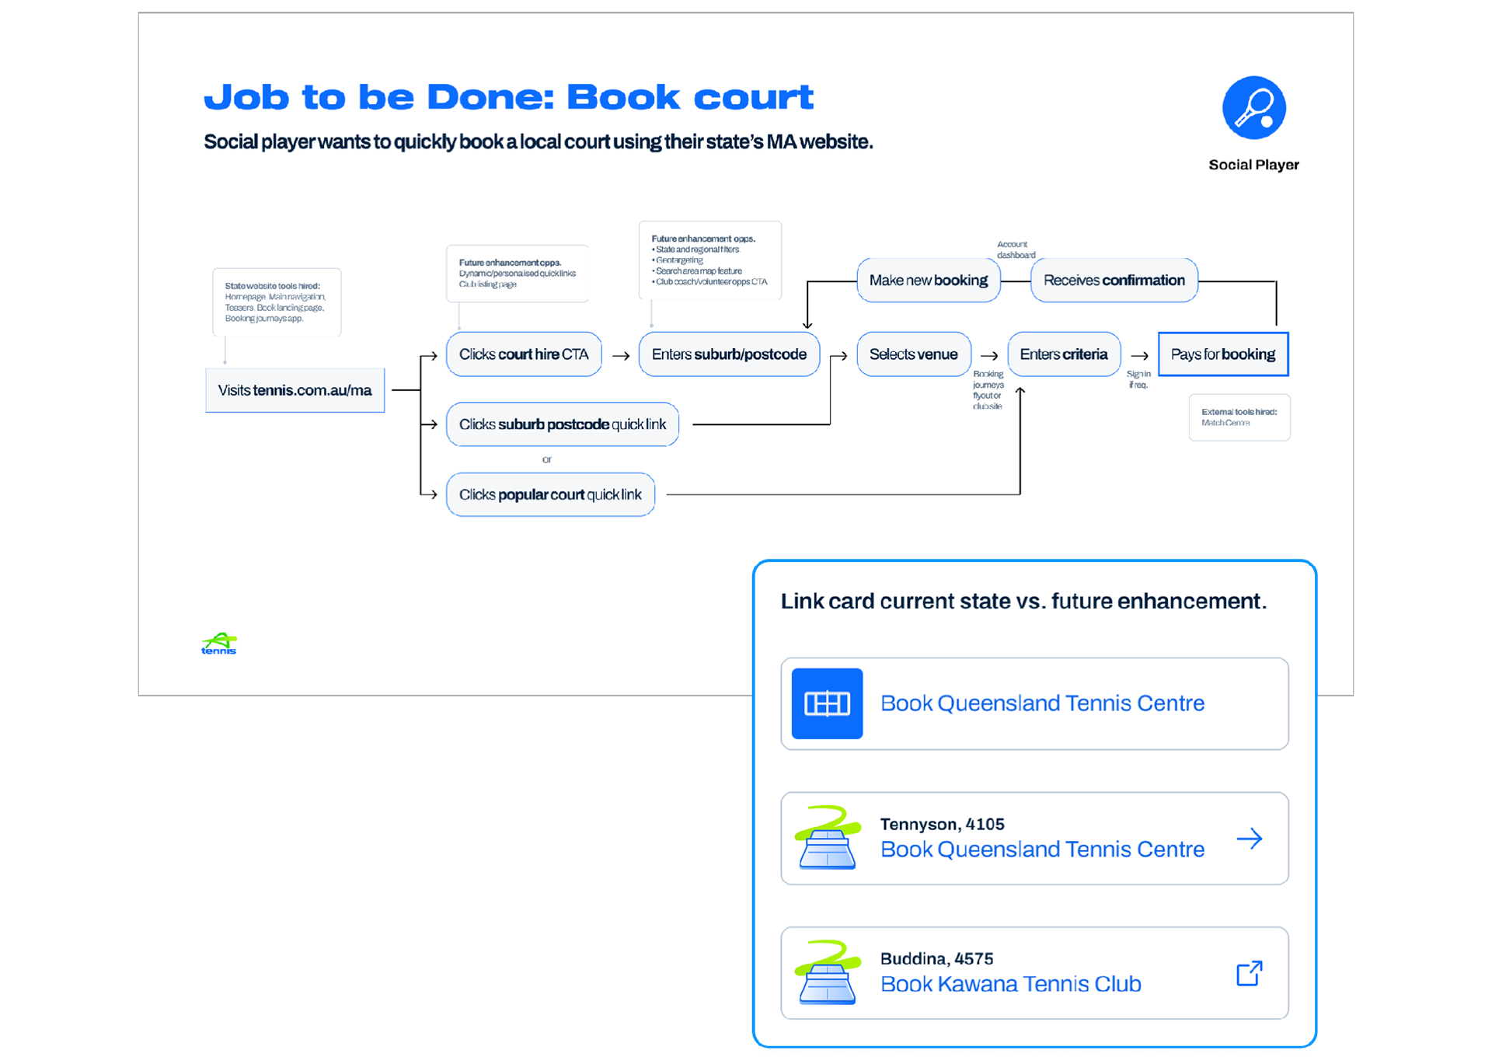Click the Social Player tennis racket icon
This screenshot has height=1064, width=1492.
click(1253, 108)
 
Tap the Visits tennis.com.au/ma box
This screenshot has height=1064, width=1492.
click(295, 390)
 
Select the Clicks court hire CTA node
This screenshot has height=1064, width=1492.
click(524, 354)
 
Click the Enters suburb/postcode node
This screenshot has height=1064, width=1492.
click(729, 354)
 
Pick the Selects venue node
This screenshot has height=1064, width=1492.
click(913, 354)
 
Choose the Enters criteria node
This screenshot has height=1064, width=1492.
click(1063, 354)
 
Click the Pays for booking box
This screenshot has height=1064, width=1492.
click(1222, 354)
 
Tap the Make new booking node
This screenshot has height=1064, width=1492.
click(929, 281)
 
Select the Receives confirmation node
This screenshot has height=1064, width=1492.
click(1114, 281)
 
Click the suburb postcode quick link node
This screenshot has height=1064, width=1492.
click(562, 424)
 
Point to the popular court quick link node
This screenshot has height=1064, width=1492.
click(550, 494)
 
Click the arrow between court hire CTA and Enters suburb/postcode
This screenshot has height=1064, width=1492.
click(621, 356)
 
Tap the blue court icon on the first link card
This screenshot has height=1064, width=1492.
click(827, 703)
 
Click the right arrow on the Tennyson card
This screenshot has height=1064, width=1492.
click(1249, 839)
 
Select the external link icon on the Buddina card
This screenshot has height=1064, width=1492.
click(1249, 973)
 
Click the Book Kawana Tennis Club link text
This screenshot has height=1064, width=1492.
click(1010, 984)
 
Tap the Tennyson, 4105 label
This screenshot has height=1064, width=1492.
click(942, 824)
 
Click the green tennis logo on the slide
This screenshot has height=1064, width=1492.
click(219, 644)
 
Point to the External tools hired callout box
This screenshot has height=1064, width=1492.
click(1239, 417)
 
